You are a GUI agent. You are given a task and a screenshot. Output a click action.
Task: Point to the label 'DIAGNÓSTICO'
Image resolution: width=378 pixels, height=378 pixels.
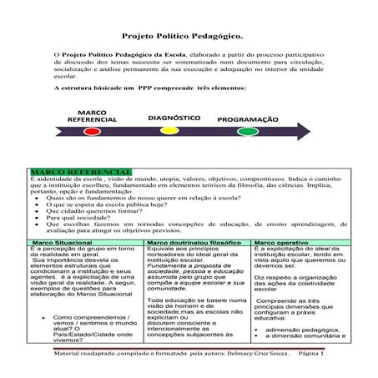(x=174, y=118)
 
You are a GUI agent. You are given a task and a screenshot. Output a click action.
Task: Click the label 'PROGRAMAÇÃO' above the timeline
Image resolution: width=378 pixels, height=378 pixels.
(x=249, y=119)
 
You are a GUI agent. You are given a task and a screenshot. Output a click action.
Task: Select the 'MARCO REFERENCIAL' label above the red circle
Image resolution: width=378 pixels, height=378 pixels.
(x=93, y=116)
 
